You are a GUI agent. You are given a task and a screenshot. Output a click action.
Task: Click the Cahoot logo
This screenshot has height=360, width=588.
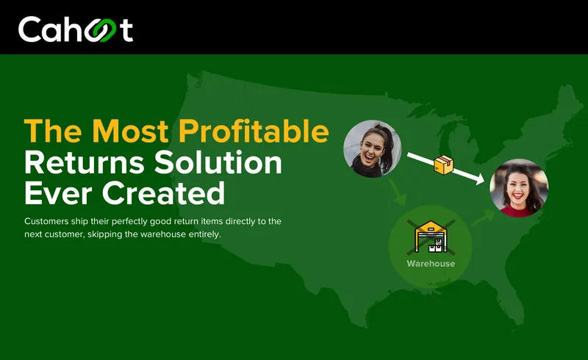coord(76,29)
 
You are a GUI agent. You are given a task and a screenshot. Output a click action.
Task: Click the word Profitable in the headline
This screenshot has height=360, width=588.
coord(254,132)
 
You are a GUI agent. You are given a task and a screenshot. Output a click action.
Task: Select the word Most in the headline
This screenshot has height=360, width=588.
coord(130,131)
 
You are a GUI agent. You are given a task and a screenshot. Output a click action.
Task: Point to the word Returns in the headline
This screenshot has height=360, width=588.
coord(85,162)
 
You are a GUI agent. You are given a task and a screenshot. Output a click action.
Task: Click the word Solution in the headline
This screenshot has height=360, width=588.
coord(218,162)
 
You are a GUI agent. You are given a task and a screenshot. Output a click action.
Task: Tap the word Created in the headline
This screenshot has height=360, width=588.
coord(163,192)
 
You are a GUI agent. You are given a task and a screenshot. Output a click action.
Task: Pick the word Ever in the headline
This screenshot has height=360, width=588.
coord(58,193)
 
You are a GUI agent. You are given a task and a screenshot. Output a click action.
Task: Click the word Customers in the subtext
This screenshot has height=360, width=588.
coord(46,221)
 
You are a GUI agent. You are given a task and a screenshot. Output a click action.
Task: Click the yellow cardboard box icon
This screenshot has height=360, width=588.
coord(444,165)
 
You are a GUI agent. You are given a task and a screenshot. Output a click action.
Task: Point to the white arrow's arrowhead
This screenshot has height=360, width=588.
coord(480,179)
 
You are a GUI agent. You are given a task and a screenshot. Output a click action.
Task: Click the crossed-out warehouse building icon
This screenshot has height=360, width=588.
coord(431,237)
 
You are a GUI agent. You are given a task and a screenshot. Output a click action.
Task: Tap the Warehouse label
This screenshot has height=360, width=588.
coord(431,264)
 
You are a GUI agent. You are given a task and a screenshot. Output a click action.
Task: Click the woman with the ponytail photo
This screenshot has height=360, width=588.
coord(373,148)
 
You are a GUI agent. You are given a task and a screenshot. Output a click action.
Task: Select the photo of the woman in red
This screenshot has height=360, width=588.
coord(519,188)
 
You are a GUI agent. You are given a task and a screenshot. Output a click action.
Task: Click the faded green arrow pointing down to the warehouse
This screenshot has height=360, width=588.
coord(397,192)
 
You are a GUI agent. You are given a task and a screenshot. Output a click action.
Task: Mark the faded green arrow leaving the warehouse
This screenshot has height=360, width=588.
coord(484,218)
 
